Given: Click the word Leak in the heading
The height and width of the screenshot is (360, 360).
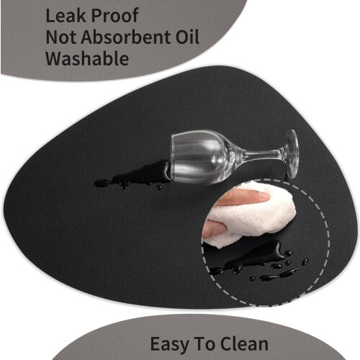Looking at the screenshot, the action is click(x=66, y=15).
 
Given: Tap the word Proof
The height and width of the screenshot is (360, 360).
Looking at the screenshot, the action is click(x=115, y=17).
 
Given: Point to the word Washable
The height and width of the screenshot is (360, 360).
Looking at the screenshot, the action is click(x=87, y=58).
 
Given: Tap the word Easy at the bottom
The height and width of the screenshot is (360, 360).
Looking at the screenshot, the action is click(x=171, y=345).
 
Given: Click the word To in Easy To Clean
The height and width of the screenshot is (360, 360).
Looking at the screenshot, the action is click(x=206, y=343).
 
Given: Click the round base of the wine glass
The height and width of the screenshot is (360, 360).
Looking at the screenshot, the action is click(x=292, y=153).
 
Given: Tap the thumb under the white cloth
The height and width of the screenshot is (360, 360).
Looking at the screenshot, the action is click(x=215, y=228).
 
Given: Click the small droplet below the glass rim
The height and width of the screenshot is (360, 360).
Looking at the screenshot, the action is click(x=159, y=187).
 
